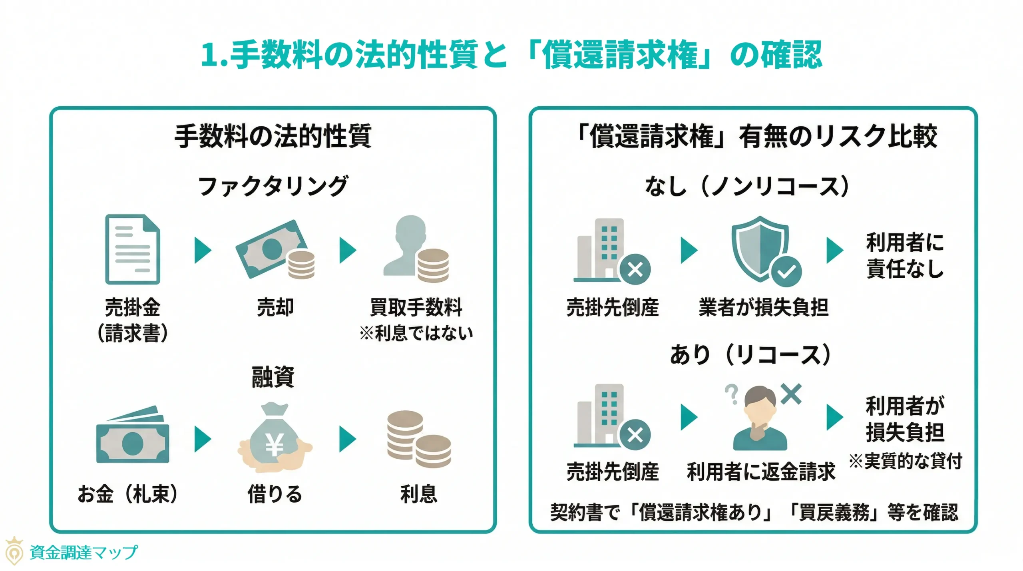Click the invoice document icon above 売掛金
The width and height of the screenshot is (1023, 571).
tap(133, 249)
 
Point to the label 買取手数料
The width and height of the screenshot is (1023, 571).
tap(416, 307)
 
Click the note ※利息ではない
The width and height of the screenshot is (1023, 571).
tap(416, 333)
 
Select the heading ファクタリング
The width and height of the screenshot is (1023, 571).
tap(273, 186)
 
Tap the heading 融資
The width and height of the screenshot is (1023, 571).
tap(273, 376)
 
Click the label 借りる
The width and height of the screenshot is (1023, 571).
tap(275, 494)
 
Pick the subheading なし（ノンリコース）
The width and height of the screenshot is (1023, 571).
tap(747, 186)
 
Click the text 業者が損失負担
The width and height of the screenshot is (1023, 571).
tap(763, 307)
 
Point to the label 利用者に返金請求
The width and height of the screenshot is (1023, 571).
tap(760, 472)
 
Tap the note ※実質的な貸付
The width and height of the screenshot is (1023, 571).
tap(905, 461)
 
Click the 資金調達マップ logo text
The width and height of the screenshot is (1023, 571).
tap(84, 552)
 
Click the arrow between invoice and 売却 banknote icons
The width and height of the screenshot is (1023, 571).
tap(203, 250)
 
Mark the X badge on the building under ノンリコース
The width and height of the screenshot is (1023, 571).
tap(635, 269)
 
